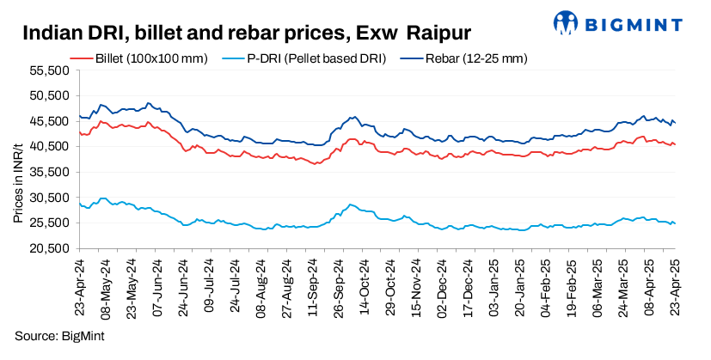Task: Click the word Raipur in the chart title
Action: (438, 34)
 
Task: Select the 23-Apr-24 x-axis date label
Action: (79, 282)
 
